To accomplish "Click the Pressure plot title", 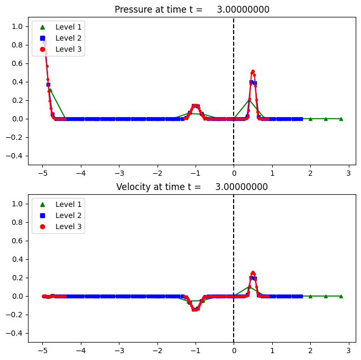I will click(192, 10).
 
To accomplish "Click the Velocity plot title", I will click(192, 187).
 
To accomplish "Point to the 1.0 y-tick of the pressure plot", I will click(17, 26).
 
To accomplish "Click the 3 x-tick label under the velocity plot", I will click(349, 350).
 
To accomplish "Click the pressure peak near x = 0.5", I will click(253, 71).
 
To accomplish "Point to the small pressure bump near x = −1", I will click(196, 106).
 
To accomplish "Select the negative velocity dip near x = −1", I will click(196, 309).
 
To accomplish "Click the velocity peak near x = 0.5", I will click(253, 272).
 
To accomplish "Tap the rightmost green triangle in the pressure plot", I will click(341, 119).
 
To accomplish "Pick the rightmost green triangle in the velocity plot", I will click(341, 296).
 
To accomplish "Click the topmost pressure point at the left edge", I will click(44, 42).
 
